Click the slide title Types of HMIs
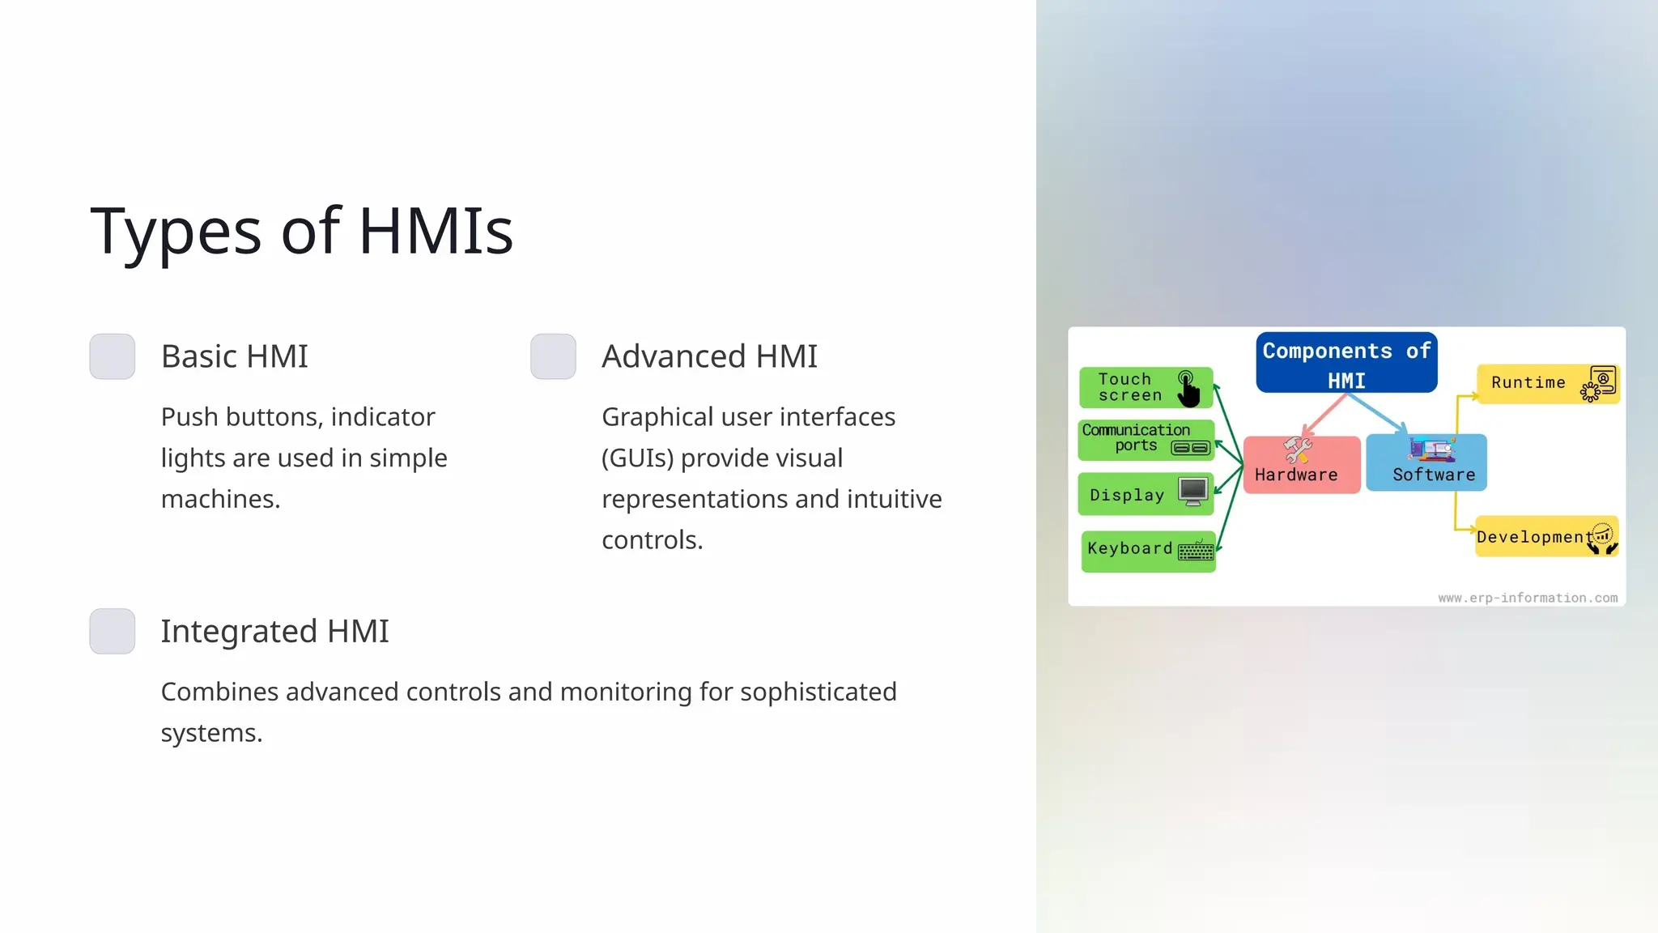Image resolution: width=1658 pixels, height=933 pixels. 301,232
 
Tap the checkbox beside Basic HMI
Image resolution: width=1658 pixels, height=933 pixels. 113,356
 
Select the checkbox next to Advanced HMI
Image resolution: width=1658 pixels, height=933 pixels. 553,356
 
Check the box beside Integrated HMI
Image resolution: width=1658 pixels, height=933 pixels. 113,631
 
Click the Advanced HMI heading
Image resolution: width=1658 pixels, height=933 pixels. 709,356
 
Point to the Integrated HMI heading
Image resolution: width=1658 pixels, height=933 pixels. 274,631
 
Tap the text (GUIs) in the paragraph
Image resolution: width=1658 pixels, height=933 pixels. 637,458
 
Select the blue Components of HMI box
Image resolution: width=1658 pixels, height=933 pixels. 1346,363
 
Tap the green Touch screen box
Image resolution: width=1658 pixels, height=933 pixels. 1145,387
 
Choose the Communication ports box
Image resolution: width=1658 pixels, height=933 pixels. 1146,439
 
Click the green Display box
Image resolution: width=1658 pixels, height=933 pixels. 1145,494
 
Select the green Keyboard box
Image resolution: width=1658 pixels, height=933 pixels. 1148,551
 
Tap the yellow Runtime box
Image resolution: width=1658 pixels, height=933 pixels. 1547,383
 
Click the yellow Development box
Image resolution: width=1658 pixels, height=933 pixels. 1546,536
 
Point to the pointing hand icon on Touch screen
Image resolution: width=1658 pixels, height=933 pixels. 1188,390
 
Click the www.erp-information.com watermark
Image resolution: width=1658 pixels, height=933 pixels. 1528,598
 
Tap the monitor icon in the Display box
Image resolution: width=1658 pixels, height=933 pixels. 1193,492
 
